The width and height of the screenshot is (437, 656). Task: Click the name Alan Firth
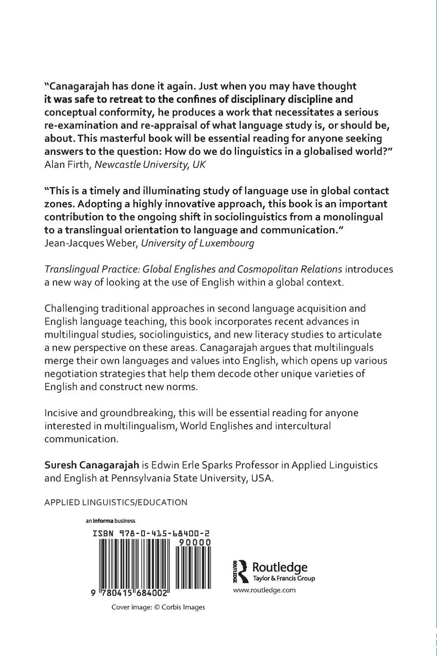[x=67, y=164]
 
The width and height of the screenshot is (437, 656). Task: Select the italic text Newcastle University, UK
[x=149, y=164]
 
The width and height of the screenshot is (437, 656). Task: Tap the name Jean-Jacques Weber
[x=91, y=243]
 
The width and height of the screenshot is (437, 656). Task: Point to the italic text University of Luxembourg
[x=197, y=243]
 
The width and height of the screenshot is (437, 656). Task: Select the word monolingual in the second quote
[x=355, y=217]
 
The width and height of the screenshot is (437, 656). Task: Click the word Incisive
[x=61, y=413]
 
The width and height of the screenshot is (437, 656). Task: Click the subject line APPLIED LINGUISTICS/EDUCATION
[x=116, y=503]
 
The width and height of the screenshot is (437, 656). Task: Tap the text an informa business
[x=110, y=520]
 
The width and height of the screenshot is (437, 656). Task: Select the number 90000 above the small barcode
[x=194, y=542]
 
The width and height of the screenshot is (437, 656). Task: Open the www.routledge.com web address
[x=264, y=590]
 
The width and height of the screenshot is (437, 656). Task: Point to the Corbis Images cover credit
[x=158, y=607]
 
